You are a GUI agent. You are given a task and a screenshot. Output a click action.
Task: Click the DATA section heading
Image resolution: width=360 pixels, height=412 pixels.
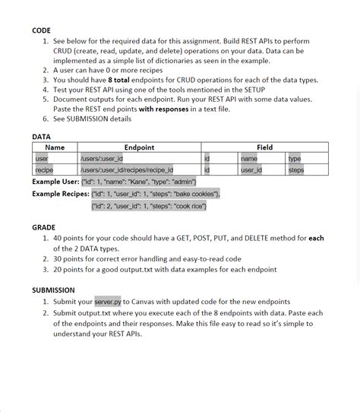tap(41, 137)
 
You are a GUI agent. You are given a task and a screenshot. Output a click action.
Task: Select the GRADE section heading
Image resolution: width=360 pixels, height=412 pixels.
tap(43, 227)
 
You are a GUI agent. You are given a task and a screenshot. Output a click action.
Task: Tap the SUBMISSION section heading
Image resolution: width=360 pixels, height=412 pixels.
tap(53, 290)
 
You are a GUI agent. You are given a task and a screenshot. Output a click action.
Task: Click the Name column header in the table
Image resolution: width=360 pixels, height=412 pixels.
tap(55, 147)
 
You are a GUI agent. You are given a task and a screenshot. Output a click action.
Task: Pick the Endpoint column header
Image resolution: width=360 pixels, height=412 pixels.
tap(139, 147)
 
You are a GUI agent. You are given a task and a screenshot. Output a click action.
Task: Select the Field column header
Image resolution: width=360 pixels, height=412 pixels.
tap(264, 147)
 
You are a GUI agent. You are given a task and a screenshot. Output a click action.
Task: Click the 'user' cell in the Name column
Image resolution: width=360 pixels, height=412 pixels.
tap(42, 159)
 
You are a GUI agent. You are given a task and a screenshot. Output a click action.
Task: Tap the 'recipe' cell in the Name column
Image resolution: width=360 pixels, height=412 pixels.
tap(44, 170)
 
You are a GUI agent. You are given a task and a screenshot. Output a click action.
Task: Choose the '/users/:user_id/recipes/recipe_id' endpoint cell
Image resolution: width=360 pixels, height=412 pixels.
tap(127, 170)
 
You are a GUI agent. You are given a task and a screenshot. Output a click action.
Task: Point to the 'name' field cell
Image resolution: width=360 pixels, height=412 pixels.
tap(249, 159)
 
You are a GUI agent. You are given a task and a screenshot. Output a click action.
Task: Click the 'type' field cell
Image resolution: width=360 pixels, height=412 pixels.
tap(295, 159)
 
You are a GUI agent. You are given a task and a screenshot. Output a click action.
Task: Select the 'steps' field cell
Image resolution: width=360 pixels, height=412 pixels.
tap(296, 170)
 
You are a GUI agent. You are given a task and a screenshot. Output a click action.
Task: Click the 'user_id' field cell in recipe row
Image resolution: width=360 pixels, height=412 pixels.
tap(251, 170)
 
